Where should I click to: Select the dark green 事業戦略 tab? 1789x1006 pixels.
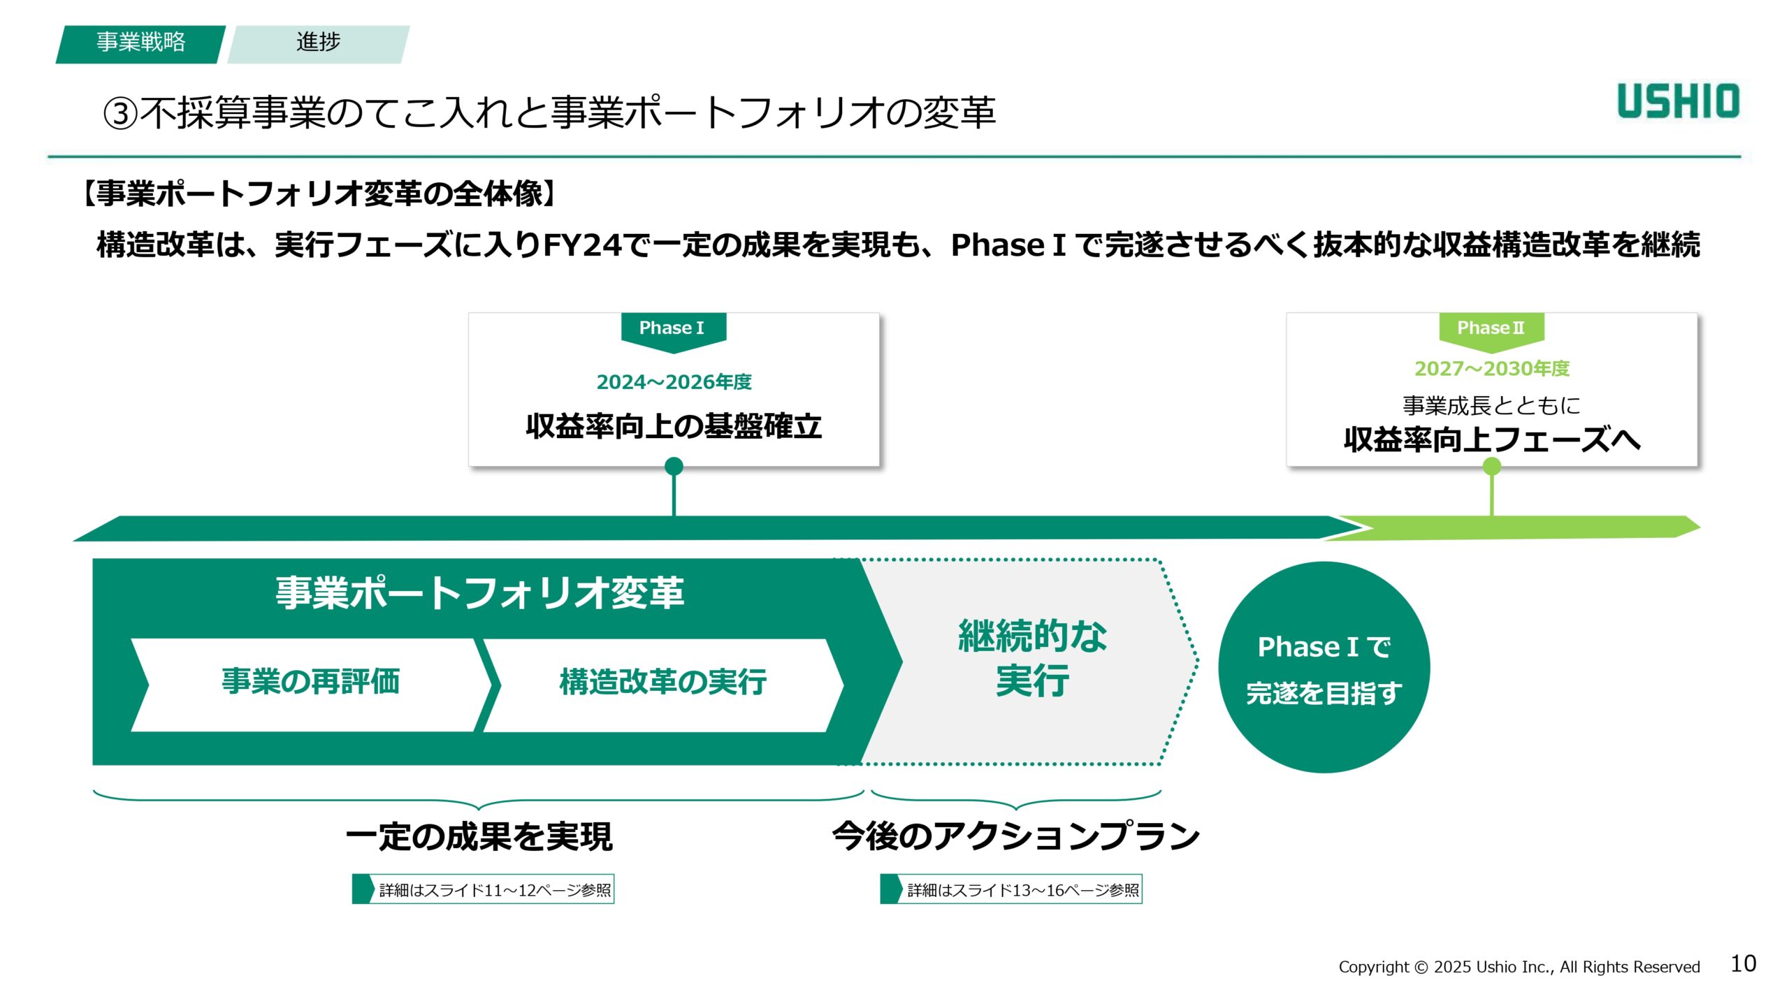(140, 43)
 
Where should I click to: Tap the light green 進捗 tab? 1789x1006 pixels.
(319, 43)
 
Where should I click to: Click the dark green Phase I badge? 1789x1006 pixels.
(673, 328)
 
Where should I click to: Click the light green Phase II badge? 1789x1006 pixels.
(1491, 328)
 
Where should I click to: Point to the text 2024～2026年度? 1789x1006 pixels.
(674, 382)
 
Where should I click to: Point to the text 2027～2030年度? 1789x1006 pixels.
(1492, 369)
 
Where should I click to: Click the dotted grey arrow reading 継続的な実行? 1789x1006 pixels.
(1033, 659)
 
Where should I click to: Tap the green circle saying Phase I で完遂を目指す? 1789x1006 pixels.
(1324, 668)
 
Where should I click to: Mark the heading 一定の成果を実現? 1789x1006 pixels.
(479, 837)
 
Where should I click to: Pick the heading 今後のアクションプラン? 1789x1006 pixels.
(1016, 837)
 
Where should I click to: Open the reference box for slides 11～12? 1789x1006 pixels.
(484, 889)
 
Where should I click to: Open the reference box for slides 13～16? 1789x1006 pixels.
(1011, 889)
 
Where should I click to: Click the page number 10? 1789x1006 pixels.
(1743, 964)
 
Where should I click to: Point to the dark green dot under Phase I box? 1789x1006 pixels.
(674, 466)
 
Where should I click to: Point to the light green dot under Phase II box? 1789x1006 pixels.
(1492, 466)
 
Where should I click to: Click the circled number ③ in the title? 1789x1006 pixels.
(120, 114)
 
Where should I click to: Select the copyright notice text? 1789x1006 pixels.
(1519, 967)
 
